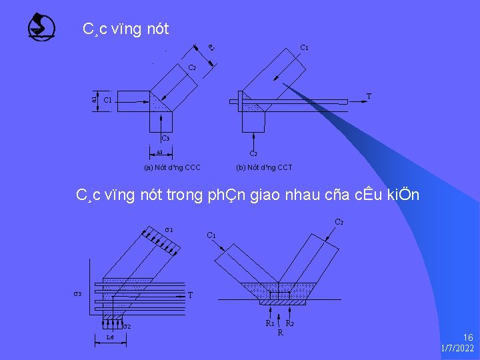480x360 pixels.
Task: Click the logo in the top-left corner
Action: pyautogui.click(x=42, y=27)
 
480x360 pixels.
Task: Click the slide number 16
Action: pyautogui.click(x=468, y=338)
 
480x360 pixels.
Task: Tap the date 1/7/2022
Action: pyautogui.click(x=457, y=349)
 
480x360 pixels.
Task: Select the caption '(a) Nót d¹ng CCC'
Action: pyautogui.click(x=172, y=167)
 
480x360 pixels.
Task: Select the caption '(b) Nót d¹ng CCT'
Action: pyautogui.click(x=264, y=167)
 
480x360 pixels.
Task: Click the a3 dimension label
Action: pyautogui.click(x=159, y=152)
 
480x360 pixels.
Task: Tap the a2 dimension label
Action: pyautogui.click(x=210, y=47)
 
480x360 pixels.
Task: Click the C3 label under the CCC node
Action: pyautogui.click(x=165, y=139)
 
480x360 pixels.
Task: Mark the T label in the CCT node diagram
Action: pyautogui.click(x=369, y=97)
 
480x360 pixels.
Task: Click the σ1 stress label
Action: pyautogui.click(x=169, y=231)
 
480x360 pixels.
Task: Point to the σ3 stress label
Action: pyautogui.click(x=78, y=294)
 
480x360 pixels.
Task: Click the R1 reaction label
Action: pyautogui.click(x=270, y=323)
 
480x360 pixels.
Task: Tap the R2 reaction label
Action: pyautogui.click(x=290, y=323)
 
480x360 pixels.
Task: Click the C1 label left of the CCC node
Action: pyautogui.click(x=107, y=101)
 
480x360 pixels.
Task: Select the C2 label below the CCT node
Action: pyautogui.click(x=254, y=153)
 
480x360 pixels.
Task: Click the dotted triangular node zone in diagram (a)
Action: pyautogui.click(x=159, y=103)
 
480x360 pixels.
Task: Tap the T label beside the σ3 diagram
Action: pyautogui.click(x=191, y=295)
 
